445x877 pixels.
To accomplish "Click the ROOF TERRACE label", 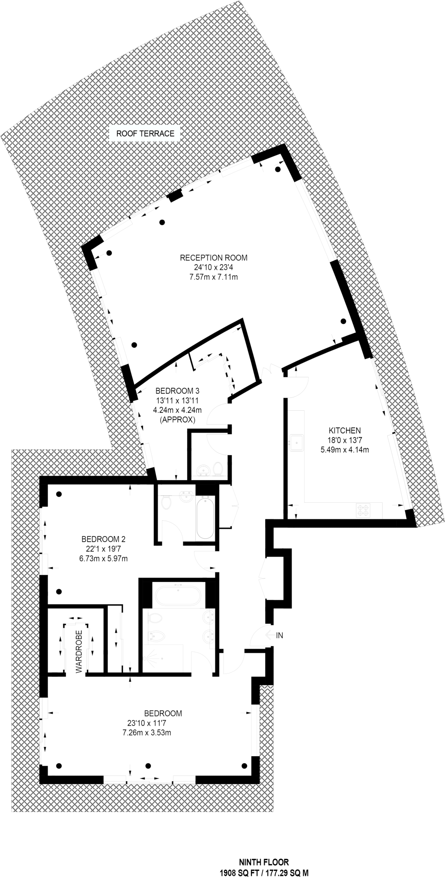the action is click(x=145, y=134).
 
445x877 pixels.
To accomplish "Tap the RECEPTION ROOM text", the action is click(x=214, y=258).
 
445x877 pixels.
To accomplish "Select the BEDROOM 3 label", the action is click(x=177, y=391).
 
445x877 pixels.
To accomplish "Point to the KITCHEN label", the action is click(x=345, y=430).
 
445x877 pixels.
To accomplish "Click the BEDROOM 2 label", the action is click(x=103, y=539).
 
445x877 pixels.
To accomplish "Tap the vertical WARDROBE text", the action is click(x=79, y=646).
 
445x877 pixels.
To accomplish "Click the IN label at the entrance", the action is click(x=279, y=635).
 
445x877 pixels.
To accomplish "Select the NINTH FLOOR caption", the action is click(x=264, y=862).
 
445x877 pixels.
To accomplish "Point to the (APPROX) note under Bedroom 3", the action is click(x=177, y=420).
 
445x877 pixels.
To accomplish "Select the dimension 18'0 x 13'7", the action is click(x=345, y=440).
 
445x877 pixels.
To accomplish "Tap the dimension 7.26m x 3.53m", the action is click(x=147, y=732).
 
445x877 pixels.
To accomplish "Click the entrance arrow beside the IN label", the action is click(x=269, y=635).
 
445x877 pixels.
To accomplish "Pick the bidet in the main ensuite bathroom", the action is click(x=156, y=636).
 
